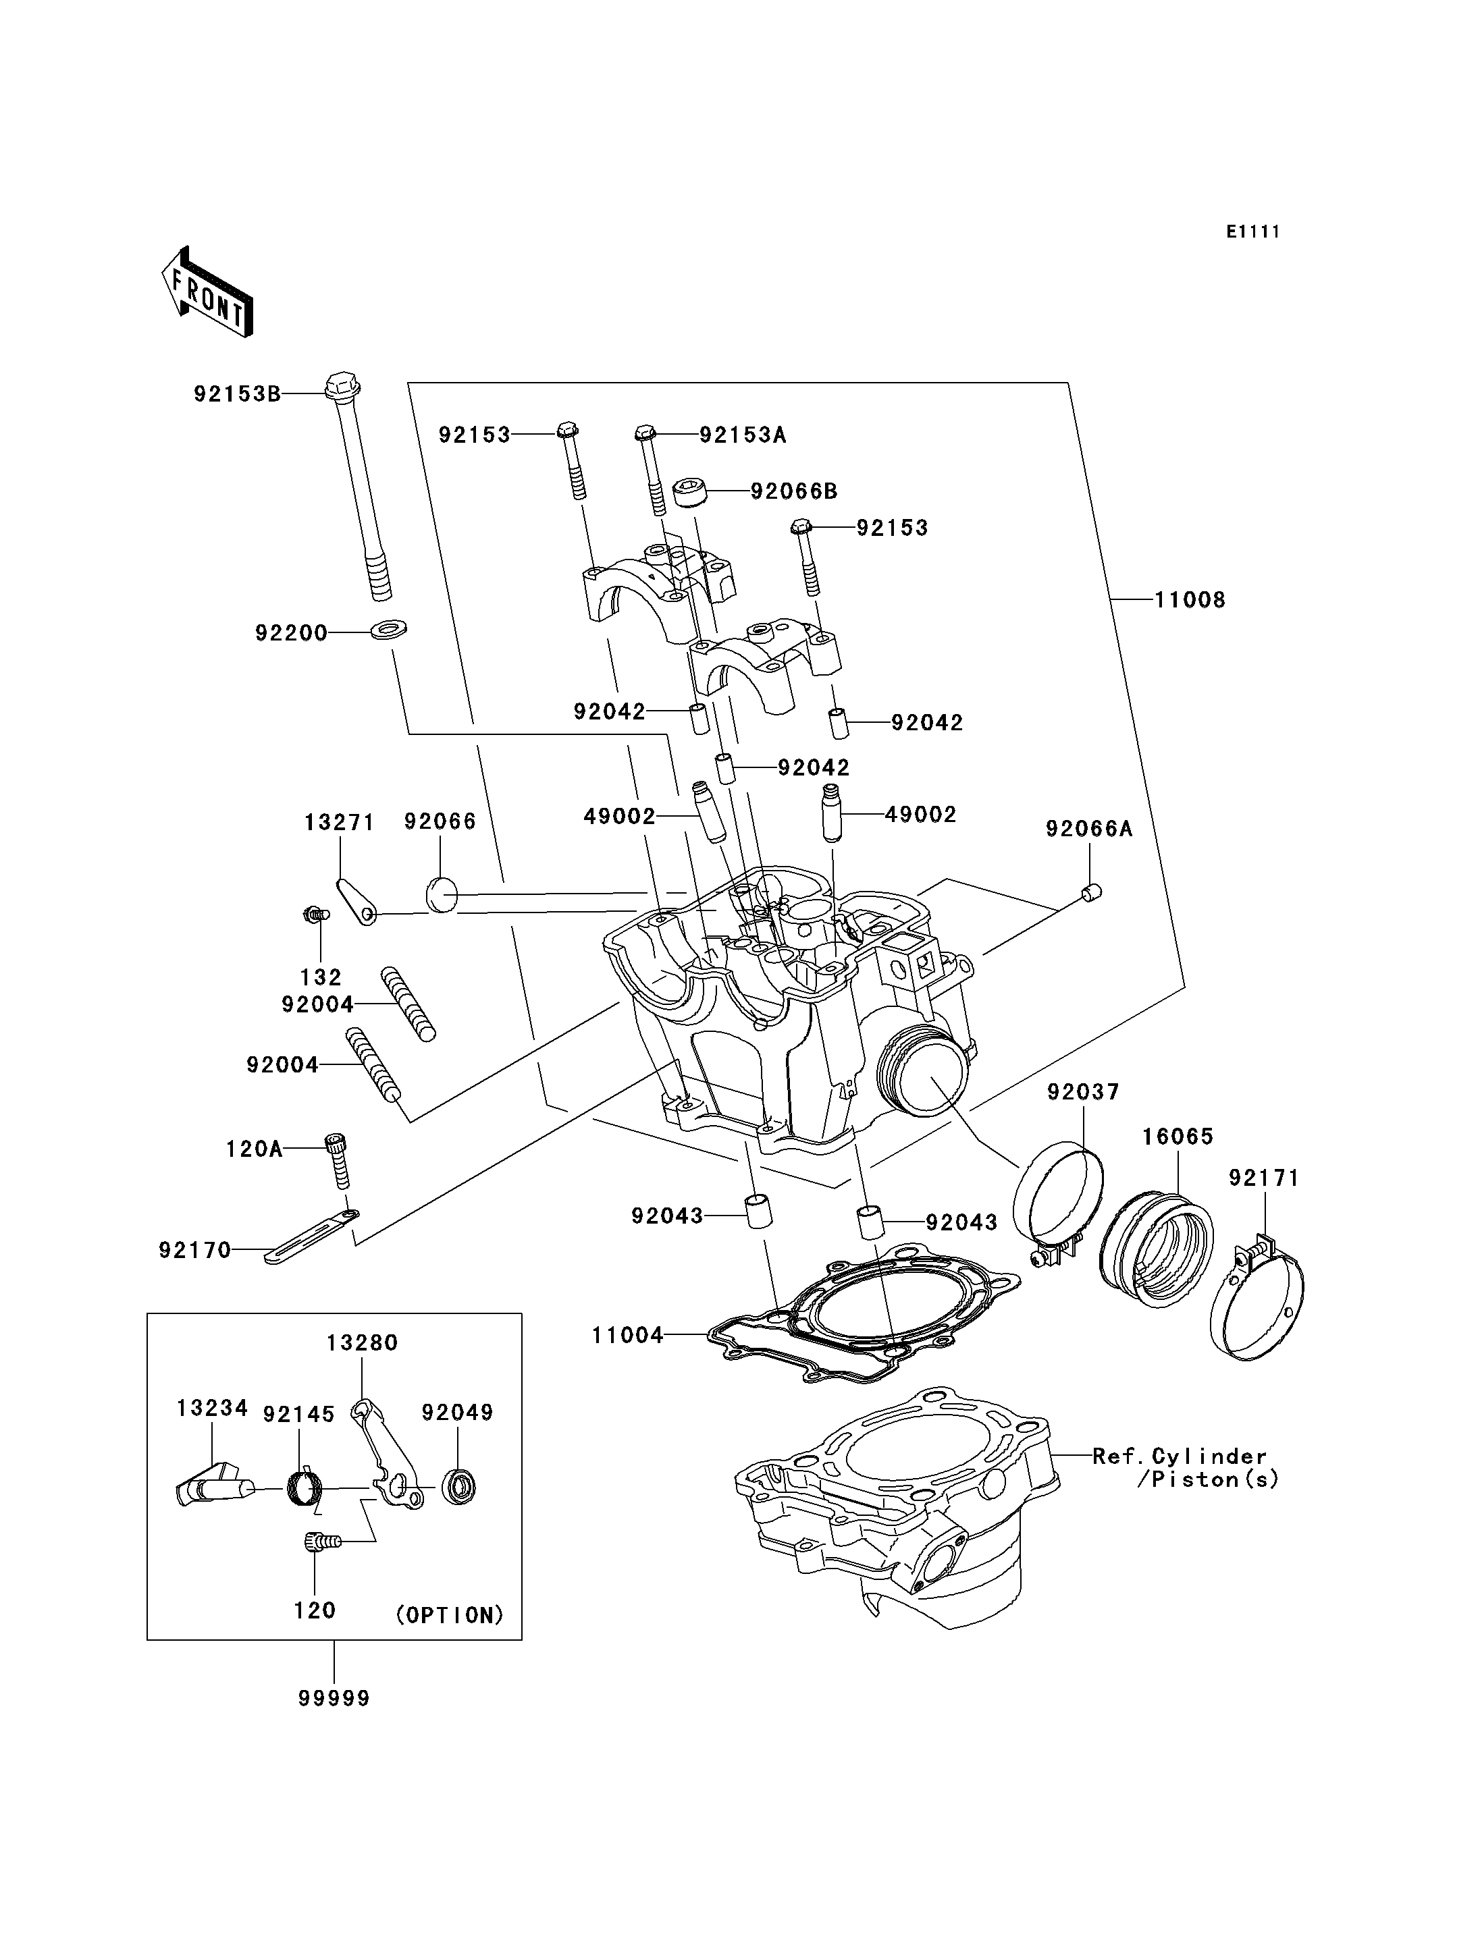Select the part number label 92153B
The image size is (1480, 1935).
pyautogui.click(x=237, y=393)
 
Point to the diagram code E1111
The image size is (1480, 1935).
pyautogui.click(x=1252, y=231)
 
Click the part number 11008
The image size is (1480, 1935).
pyautogui.click(x=1190, y=600)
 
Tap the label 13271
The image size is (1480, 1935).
pyautogui.click(x=339, y=823)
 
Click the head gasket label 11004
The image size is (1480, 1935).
pyautogui.click(x=627, y=1335)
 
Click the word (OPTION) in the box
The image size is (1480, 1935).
pyautogui.click(x=449, y=1614)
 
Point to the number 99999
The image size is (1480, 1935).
pyautogui.click(x=334, y=1698)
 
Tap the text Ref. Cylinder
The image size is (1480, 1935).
pyautogui.click(x=1179, y=1456)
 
